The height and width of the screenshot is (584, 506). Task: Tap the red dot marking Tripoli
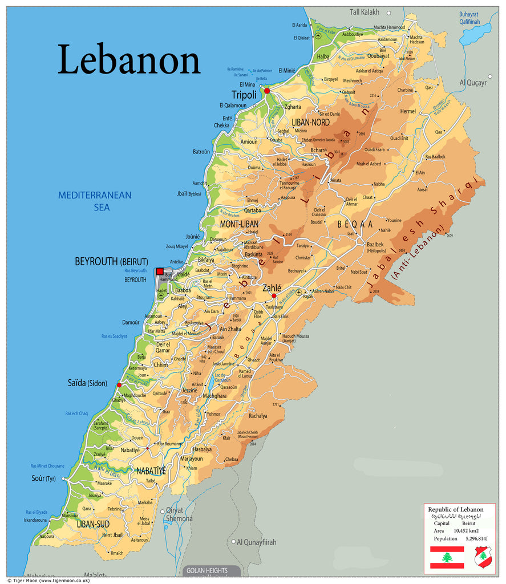pos(266,91)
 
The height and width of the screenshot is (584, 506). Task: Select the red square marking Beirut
pos(160,271)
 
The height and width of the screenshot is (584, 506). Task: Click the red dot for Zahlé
pos(274,296)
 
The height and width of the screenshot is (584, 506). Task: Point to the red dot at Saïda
pos(119,386)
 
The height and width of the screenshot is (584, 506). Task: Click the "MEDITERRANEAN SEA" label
pos(95,201)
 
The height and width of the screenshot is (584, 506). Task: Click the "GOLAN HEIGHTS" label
pos(207,570)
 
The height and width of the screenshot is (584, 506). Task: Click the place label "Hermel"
pos(408,111)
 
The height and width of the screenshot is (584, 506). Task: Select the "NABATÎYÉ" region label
pos(151,471)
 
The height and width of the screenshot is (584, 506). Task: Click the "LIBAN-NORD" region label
pos(310,122)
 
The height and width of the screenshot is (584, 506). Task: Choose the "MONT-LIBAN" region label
pos(240,224)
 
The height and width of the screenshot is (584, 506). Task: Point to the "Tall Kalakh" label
pos(366,11)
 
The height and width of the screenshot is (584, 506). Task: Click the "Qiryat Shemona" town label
pos(179,515)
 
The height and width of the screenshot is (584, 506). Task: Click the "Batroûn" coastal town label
pos(201,152)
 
